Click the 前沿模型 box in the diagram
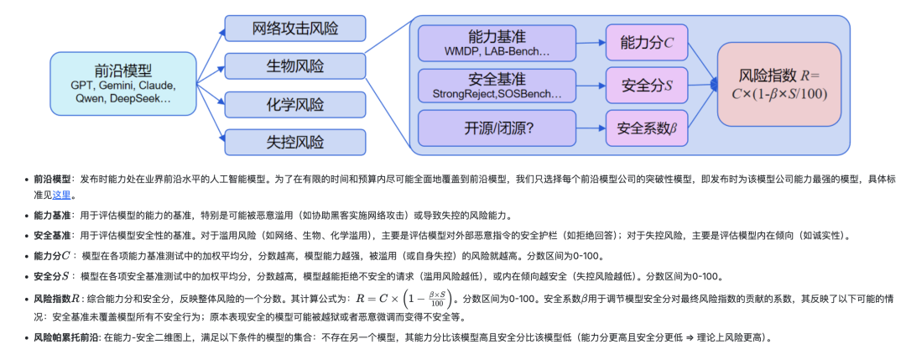coord(122,83)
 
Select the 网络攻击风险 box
coord(295,28)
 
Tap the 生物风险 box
coord(295,66)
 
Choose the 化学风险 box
coord(295,105)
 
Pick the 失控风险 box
coord(295,143)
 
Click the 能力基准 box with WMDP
coord(497,43)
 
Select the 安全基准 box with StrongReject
coord(497,85)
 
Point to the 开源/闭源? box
coord(497,128)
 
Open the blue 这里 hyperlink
coord(62,195)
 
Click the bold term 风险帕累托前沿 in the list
coord(66,337)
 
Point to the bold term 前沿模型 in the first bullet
coord(52,179)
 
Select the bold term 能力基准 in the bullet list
coord(52,215)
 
